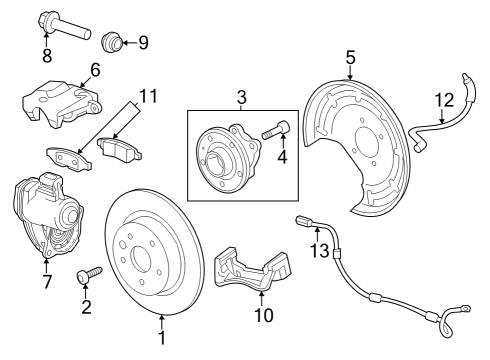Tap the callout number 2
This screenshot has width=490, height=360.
pyautogui.click(x=86, y=307)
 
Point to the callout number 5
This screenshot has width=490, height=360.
pyautogui.click(x=351, y=58)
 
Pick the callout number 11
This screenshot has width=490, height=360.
pyautogui.click(x=149, y=97)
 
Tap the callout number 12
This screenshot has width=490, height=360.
pyautogui.click(x=444, y=98)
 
